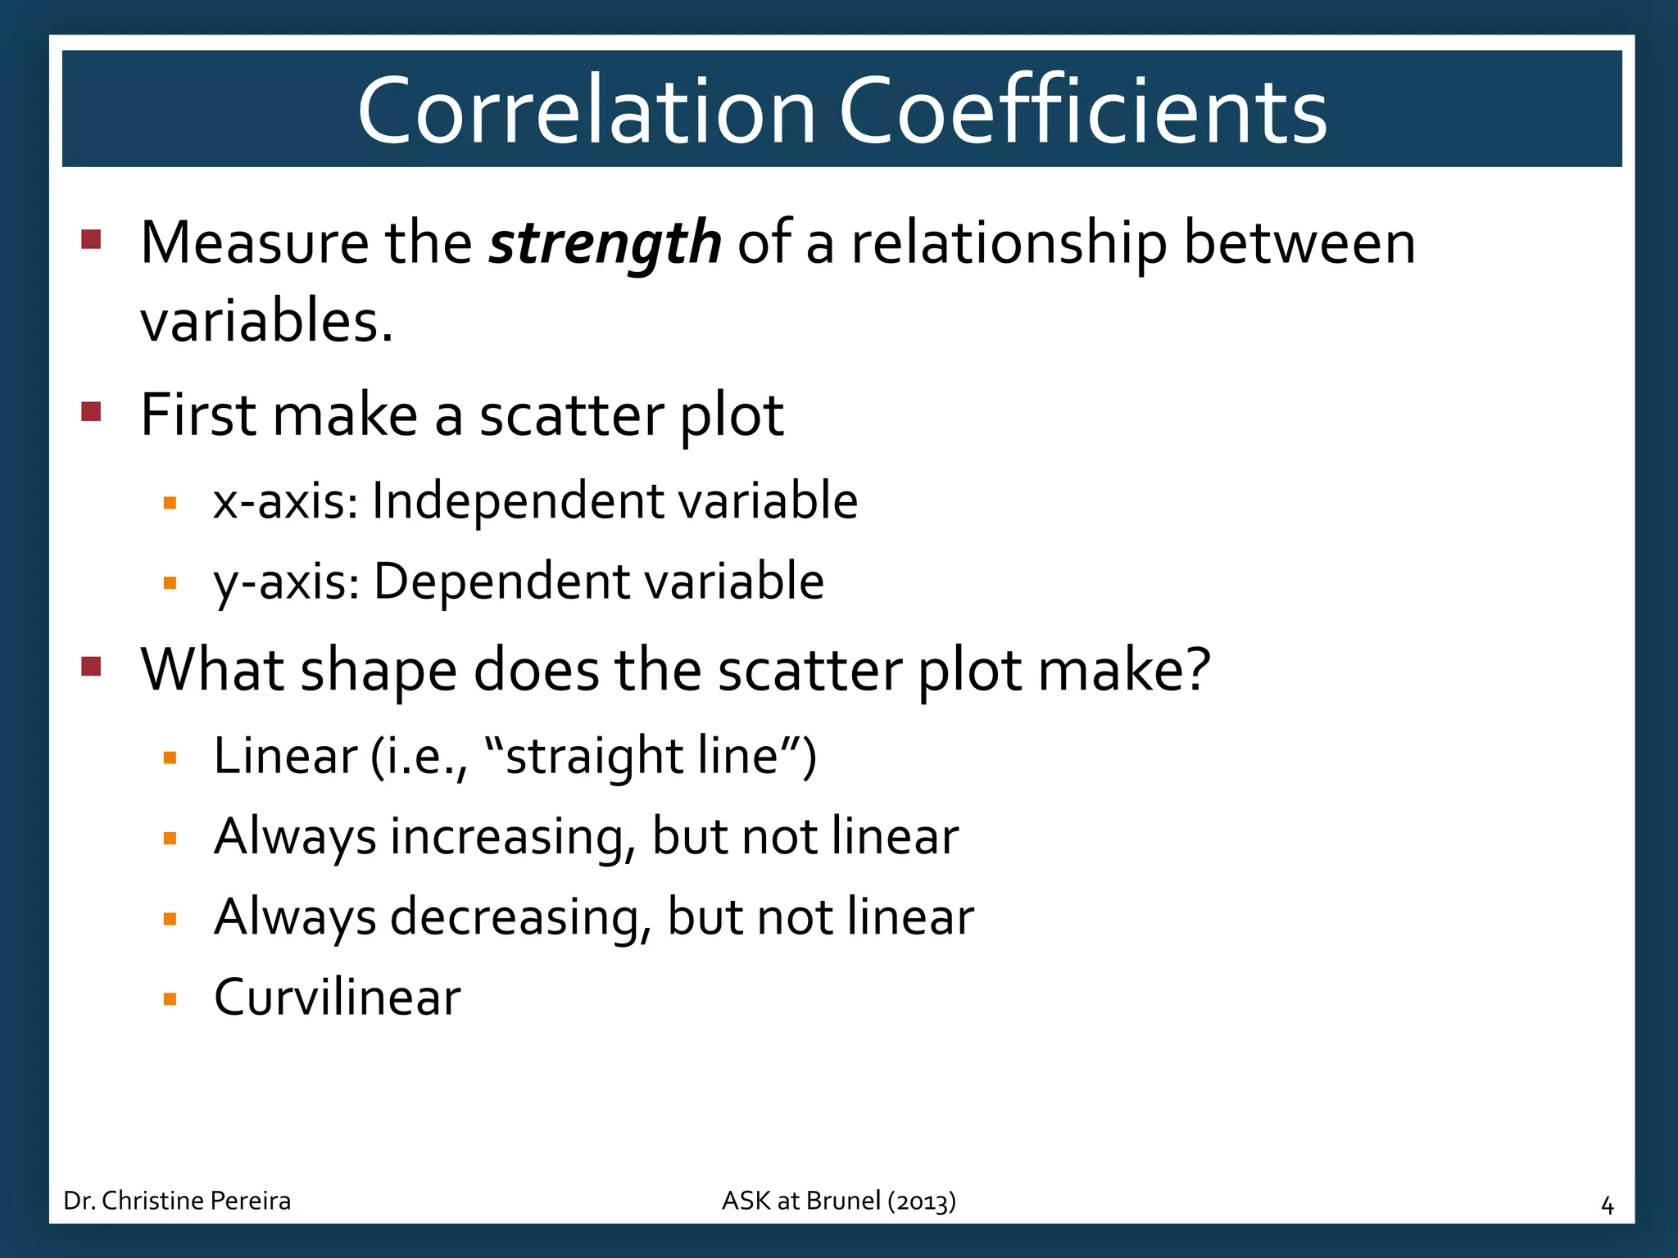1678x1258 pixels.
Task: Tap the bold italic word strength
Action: tap(605, 243)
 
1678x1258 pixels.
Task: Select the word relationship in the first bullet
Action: tap(1009, 243)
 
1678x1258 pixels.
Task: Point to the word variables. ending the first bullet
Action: tap(267, 321)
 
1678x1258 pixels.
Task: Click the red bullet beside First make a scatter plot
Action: tap(91, 410)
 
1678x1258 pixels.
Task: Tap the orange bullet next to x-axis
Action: tap(170, 503)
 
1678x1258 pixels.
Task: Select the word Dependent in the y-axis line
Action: tap(501, 581)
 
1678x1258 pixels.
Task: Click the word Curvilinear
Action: tap(337, 998)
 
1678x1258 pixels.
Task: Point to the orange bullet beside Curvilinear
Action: tap(170, 999)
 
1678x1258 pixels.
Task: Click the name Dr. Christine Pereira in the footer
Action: tap(177, 1201)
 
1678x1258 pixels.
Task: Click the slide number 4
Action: tap(1607, 1206)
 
